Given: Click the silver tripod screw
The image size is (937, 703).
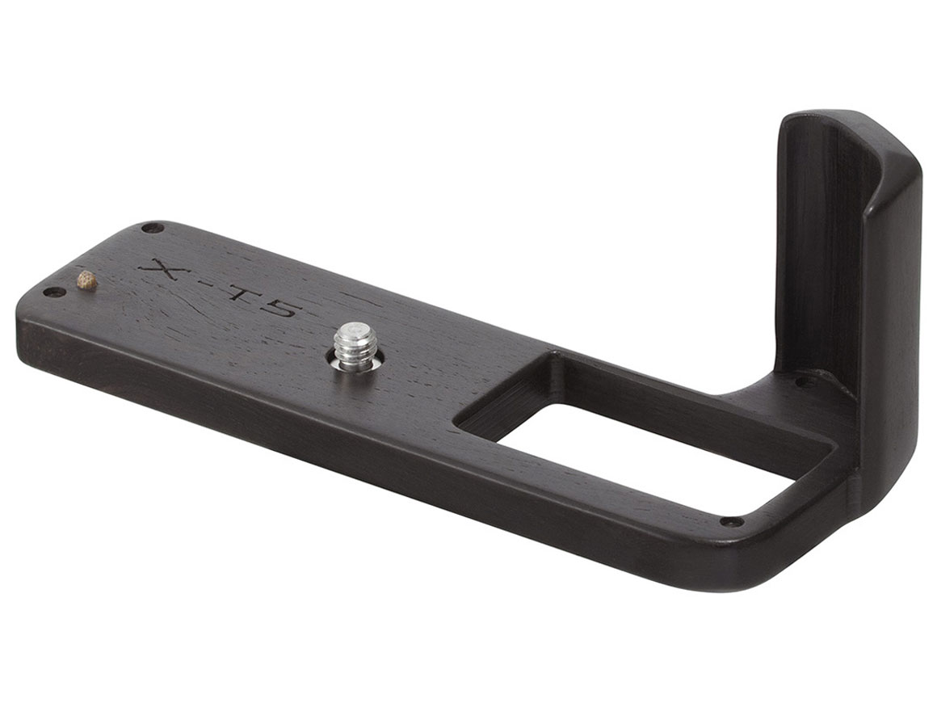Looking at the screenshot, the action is click(355, 347).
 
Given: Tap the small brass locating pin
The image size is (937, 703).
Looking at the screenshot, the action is click(87, 280).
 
